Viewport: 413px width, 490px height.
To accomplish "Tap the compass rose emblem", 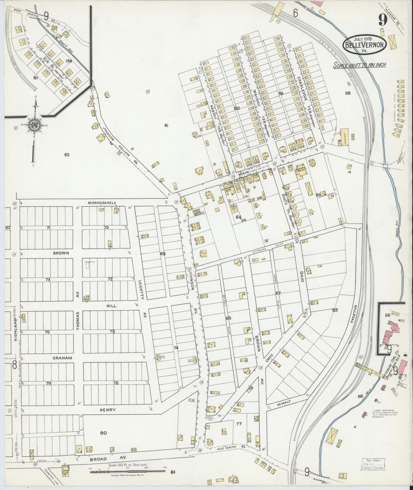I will pyautogui.click(x=33, y=125).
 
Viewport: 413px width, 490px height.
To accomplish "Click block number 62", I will pyautogui.click(x=67, y=154).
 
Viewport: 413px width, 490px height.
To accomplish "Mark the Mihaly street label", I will pyautogui.click(x=285, y=404).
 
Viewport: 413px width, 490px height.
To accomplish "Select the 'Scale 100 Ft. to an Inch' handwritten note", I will pyautogui.click(x=359, y=65).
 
